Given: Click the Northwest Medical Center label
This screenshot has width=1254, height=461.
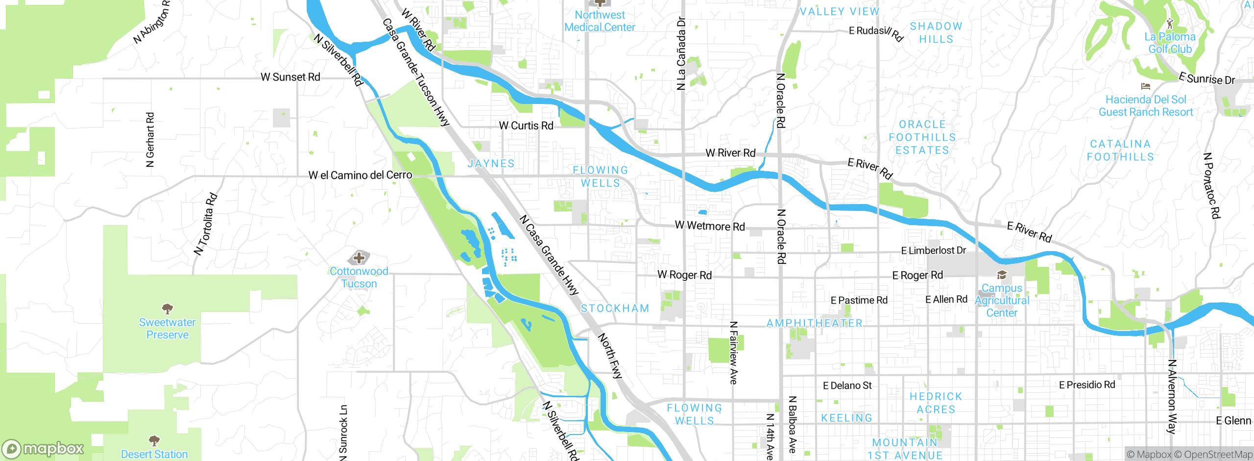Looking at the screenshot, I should pos(600,22).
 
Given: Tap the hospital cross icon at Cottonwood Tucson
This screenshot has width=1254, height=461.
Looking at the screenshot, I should pos(359,257).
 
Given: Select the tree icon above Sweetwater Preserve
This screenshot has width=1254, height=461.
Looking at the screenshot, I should pos(168,308).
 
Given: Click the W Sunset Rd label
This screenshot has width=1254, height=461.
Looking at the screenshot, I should pos(290,77).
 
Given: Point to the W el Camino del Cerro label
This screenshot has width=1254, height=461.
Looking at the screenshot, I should pos(360,175).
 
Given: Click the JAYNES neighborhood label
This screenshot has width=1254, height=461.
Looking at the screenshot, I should pos(491,163).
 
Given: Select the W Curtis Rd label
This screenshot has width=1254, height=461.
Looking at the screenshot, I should pos(526,126).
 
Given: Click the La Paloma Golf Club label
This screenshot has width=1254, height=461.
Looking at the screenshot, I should pos(1170,43).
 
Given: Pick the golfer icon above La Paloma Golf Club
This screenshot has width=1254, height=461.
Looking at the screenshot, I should pos(1170,23).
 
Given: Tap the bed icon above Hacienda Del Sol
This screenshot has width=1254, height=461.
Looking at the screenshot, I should pos(1145,86).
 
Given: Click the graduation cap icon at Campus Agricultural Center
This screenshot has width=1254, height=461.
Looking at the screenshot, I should pos(1002,275).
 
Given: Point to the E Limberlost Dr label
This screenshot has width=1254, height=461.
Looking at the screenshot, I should pos(933,251).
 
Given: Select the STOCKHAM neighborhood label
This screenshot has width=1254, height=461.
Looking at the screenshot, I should pos(615,308).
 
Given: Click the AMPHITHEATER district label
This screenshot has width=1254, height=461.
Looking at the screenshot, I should pos(814,323).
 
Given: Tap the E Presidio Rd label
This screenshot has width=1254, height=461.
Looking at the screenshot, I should pos(1087,385).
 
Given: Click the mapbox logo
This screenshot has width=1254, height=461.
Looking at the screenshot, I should pos(43,449).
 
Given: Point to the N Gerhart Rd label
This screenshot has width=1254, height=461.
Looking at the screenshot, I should pos(150,140).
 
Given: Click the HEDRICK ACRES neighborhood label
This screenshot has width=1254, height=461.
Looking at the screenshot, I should pos(936,403).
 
